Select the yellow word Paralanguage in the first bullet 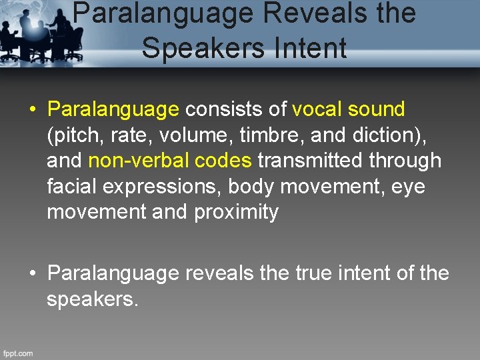tap(113, 109)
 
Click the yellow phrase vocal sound tap(349, 109)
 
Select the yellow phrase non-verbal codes tap(170, 161)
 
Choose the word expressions tap(164, 187)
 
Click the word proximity tap(237, 212)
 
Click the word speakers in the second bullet tap(92, 299)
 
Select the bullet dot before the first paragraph tap(33, 110)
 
